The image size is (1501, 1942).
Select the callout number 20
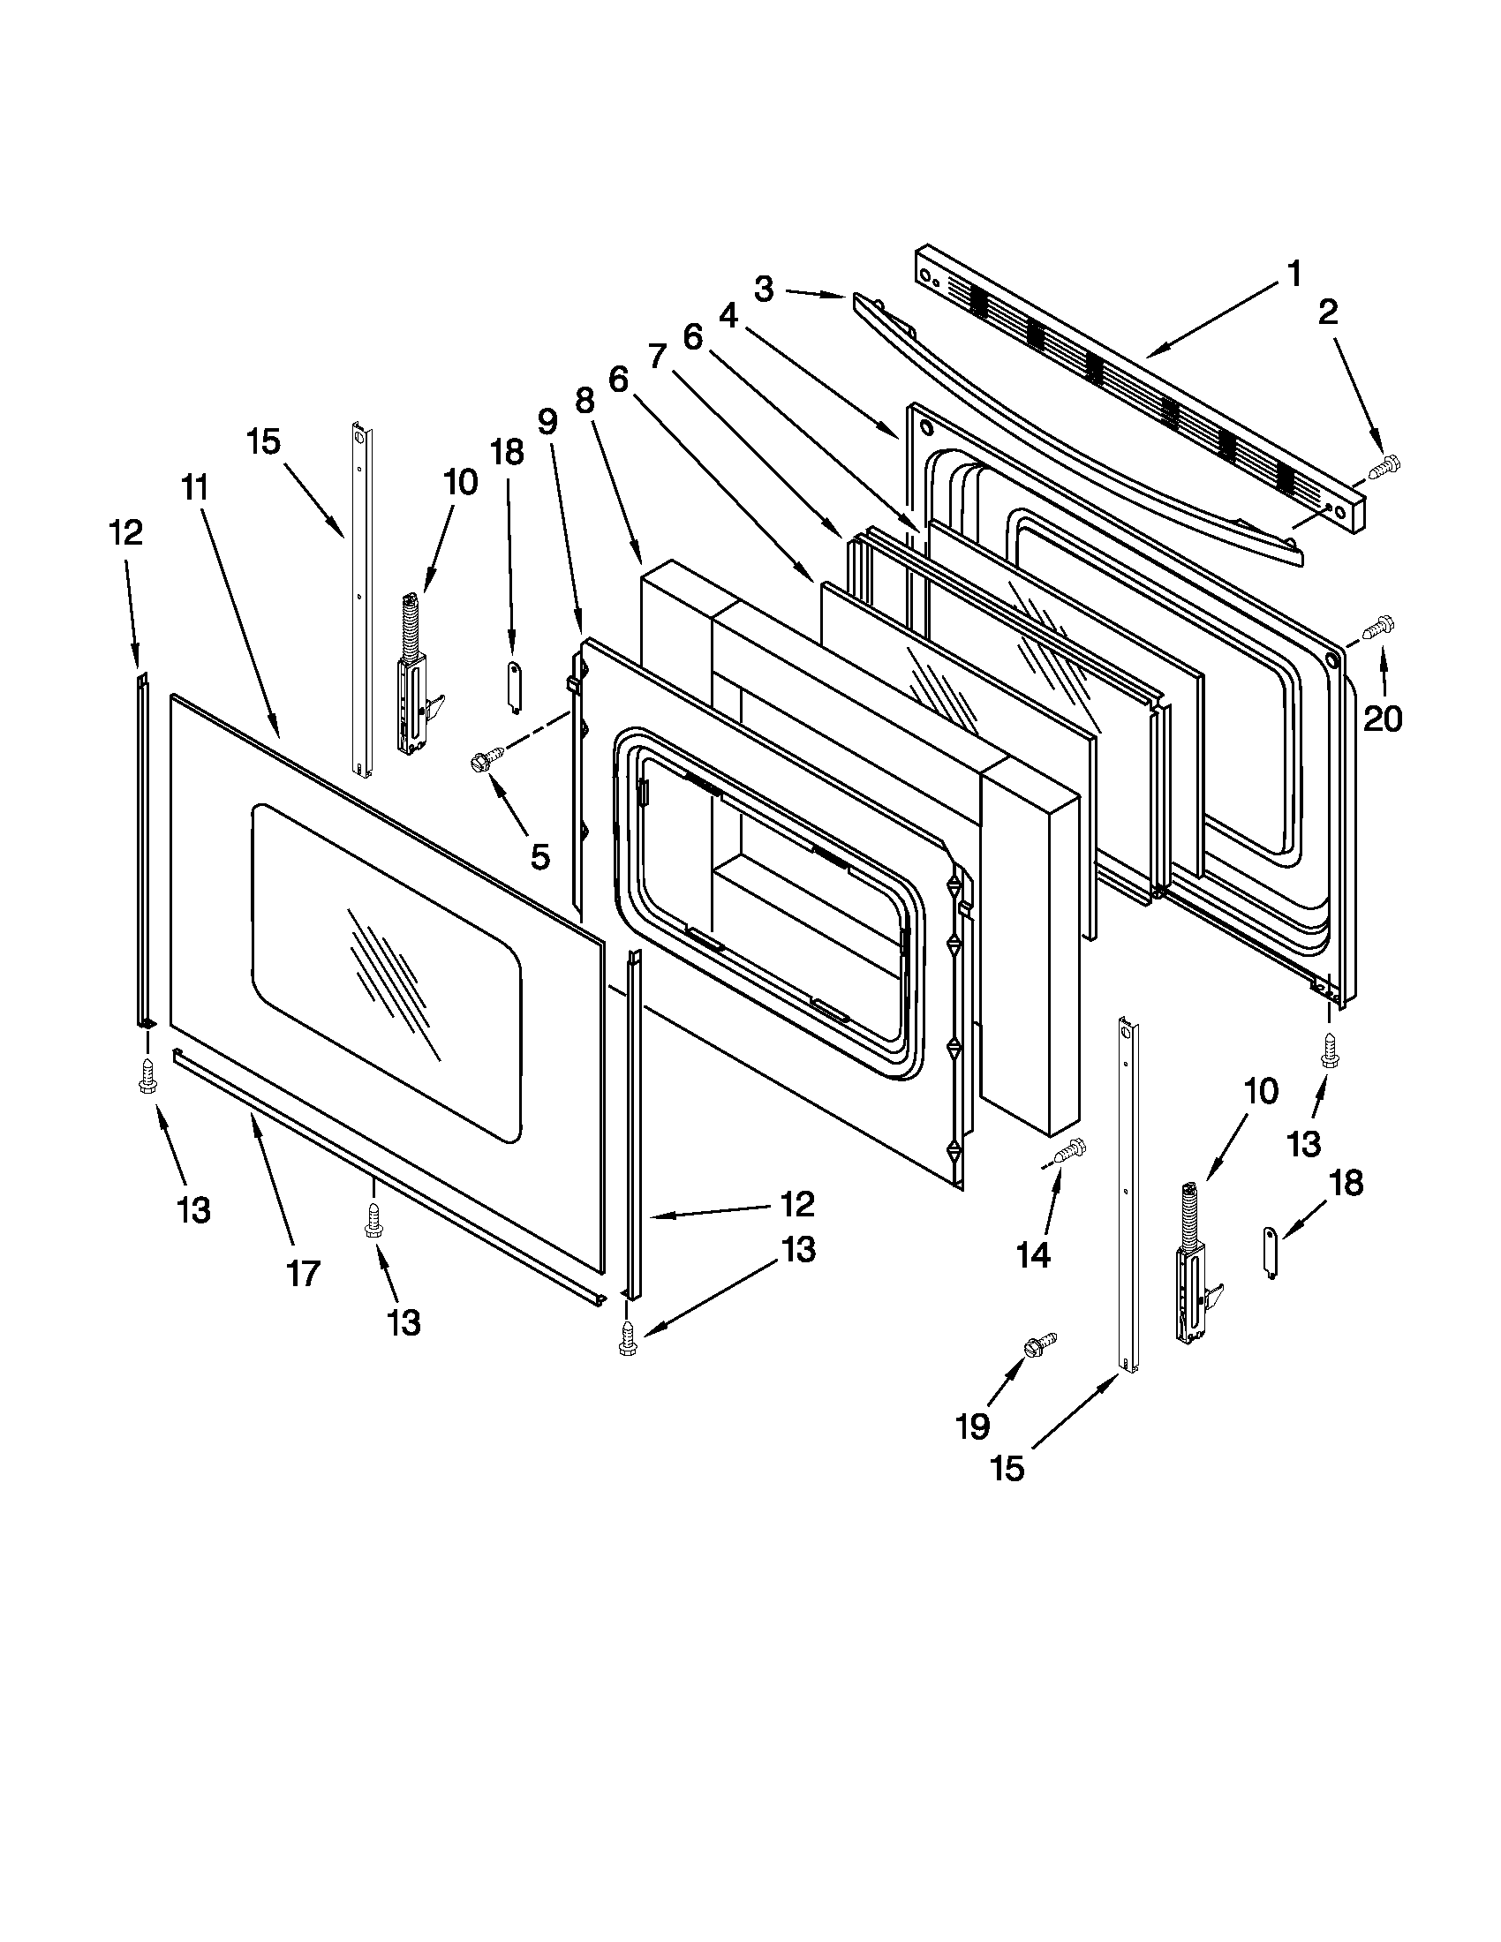pyautogui.click(x=1382, y=717)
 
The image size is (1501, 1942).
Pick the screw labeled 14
pyautogui.click(x=1070, y=1149)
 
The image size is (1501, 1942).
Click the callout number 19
pyautogui.click(x=972, y=1426)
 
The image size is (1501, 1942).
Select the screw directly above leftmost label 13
pyautogui.click(x=147, y=1075)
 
